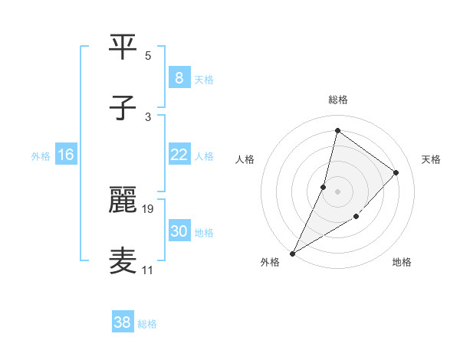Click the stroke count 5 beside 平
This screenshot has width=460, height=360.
(x=148, y=56)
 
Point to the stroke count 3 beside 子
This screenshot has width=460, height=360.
(x=148, y=116)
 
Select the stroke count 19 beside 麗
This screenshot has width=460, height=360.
(x=149, y=208)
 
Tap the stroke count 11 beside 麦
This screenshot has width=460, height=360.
(x=148, y=270)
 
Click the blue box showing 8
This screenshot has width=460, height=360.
(x=179, y=78)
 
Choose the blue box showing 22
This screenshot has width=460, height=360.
(x=179, y=155)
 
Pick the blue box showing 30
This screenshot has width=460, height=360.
(x=179, y=231)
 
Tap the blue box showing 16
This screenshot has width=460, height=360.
(x=65, y=155)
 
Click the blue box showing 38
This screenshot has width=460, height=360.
(x=122, y=322)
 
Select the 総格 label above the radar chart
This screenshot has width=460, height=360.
(x=338, y=100)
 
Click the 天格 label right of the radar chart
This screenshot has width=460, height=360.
(x=432, y=159)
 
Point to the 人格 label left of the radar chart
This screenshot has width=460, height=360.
(x=245, y=159)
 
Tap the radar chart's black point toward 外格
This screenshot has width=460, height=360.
(x=292, y=253)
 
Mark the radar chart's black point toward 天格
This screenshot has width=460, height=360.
(x=396, y=172)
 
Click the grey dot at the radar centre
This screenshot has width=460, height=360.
(x=337, y=191)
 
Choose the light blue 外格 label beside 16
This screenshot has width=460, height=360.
(x=41, y=155)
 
